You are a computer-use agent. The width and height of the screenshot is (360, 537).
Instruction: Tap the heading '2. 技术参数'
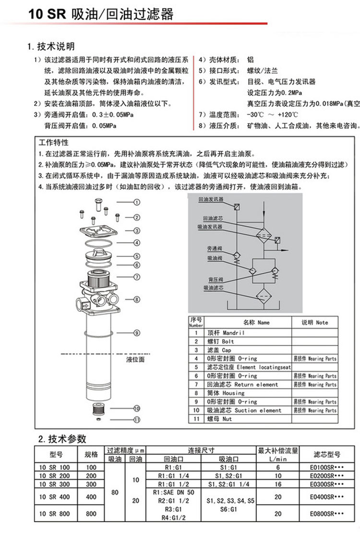pyautogui.click(x=62, y=439)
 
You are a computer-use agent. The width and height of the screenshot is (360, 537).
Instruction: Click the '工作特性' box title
pyautogui.click(x=54, y=143)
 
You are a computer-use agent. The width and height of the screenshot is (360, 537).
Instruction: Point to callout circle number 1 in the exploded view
pyautogui.click(x=136, y=202)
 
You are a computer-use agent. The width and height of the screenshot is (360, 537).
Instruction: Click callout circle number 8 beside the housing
pyautogui.click(x=136, y=299)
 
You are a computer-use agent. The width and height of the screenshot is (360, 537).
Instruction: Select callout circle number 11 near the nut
pyautogui.click(x=136, y=419)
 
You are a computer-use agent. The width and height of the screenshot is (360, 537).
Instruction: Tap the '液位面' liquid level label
pyautogui.click(x=135, y=359)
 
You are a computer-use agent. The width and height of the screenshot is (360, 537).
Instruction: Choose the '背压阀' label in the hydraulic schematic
pyautogui.click(x=216, y=279)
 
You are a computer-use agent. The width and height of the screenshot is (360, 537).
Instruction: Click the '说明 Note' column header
pyautogui.click(x=314, y=323)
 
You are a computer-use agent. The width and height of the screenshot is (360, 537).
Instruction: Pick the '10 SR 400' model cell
pyautogui.click(x=56, y=497)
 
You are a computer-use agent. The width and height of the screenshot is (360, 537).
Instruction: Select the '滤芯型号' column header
pyautogui.click(x=326, y=454)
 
